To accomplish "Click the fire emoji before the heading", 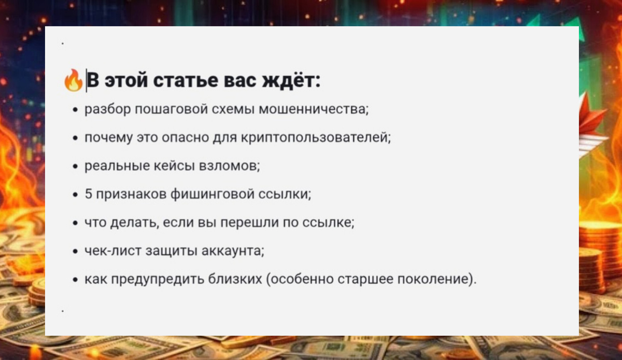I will pyautogui.click(x=73, y=81).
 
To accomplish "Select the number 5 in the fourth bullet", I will pyautogui.click(x=88, y=194).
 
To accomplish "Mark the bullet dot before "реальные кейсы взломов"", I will pyautogui.click(x=76, y=167).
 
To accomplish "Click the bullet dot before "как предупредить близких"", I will pyautogui.click(x=76, y=281).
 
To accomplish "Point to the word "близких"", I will pyautogui.click(x=237, y=280).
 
